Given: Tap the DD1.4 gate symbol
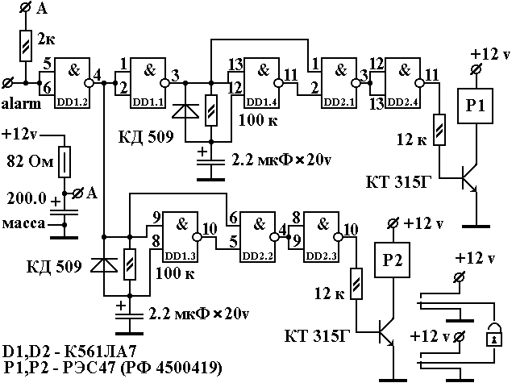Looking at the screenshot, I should pos(263,77).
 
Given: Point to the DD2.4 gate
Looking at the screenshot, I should pos(403,77).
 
